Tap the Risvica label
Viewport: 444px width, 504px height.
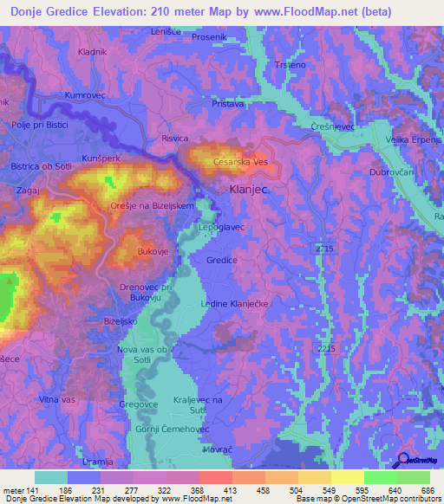tap(174, 138)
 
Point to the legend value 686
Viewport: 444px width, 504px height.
tap(425, 489)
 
